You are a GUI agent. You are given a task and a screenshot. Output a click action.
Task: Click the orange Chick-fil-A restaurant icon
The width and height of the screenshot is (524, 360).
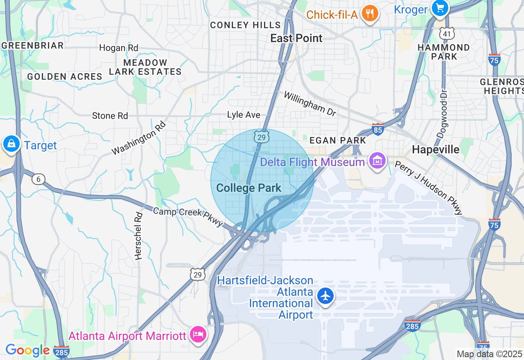[x=370, y=14]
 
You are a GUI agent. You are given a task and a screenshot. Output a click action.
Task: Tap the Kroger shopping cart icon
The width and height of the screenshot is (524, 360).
[x=440, y=8]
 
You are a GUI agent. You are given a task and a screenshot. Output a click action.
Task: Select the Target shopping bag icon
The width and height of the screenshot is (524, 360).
[x=11, y=144]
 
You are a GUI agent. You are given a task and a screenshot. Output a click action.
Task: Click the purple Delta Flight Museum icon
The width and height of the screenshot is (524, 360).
[x=377, y=161]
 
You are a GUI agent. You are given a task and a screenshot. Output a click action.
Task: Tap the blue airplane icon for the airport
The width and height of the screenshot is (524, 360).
[x=325, y=296]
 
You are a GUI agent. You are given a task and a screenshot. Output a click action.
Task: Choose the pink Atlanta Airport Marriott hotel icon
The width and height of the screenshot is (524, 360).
[x=199, y=335]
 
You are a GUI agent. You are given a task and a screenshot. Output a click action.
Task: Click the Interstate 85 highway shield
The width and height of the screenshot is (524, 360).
[x=378, y=129]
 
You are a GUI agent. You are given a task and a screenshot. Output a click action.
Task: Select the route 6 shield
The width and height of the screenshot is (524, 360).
[x=38, y=179]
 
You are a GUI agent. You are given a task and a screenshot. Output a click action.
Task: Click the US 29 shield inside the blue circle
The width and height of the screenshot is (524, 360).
[x=261, y=137]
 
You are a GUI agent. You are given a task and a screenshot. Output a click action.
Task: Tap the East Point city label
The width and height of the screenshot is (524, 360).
[x=296, y=38]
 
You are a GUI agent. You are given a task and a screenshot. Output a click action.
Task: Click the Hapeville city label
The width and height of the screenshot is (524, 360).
[x=436, y=150]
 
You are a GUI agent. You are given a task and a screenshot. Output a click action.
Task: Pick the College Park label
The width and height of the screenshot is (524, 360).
[x=248, y=188]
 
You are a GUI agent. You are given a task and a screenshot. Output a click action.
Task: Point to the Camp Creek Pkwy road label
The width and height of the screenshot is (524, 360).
[x=188, y=217]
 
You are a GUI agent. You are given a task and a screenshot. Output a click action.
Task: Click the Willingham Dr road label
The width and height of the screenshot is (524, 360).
[x=310, y=104]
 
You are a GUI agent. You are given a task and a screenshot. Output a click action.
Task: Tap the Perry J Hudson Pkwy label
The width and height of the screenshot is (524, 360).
[x=428, y=188]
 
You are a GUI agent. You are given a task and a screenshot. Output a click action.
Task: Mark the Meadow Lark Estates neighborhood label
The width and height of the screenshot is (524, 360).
[x=145, y=67]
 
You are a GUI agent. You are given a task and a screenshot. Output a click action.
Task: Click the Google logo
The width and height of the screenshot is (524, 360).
[x=27, y=351]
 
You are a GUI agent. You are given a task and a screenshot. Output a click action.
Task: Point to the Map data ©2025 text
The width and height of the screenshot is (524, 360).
[x=489, y=354]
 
